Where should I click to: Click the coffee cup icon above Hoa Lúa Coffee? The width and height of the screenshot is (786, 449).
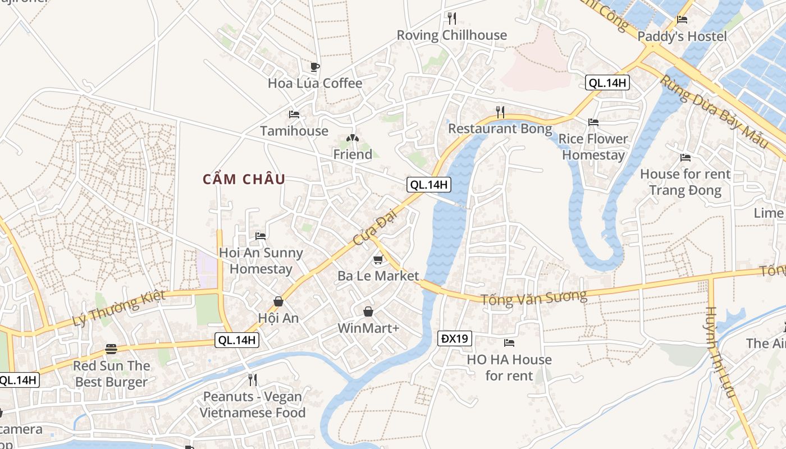coord(315,67)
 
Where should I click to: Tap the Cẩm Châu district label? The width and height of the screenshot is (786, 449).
coord(244,180)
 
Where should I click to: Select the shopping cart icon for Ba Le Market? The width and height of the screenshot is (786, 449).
coord(378,260)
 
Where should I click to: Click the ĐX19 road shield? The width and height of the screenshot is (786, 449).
coord(455,338)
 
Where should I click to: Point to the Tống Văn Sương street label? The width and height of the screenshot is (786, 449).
coord(533,297)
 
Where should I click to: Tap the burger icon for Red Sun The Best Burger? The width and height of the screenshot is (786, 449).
coord(111,349)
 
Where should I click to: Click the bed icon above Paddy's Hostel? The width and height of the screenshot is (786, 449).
coord(682,20)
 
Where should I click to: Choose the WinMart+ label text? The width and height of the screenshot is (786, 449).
coord(368,328)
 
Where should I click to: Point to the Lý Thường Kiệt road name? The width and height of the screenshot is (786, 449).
coord(119,308)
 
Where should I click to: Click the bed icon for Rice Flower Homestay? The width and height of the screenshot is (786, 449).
coord(593,122)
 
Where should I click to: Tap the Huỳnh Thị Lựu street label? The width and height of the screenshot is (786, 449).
coord(720,352)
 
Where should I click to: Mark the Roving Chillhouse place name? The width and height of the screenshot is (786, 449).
coord(451,35)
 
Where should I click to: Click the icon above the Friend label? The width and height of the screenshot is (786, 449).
coord(353,138)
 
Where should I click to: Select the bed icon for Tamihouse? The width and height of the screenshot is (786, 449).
coord(294,114)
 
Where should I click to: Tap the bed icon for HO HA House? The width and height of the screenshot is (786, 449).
coord(509,342)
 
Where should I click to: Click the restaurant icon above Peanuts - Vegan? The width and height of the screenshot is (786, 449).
coord(253,380)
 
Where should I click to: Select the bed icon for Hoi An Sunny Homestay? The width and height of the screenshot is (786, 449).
coord(261,236)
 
